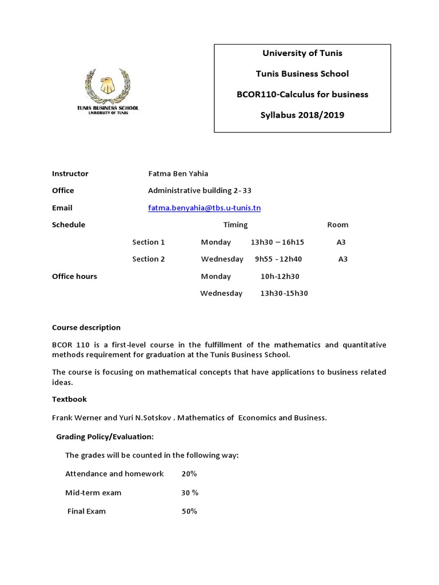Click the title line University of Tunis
(x=302, y=53)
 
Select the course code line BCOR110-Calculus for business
(x=302, y=94)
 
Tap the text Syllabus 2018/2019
(x=302, y=115)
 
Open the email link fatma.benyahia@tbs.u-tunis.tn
(x=204, y=208)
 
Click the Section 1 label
(x=149, y=242)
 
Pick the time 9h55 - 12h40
(x=278, y=259)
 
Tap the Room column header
(x=337, y=225)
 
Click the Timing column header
(x=236, y=225)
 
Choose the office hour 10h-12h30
(x=280, y=277)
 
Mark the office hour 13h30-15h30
(x=284, y=294)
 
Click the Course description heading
(x=86, y=328)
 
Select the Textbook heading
(x=69, y=399)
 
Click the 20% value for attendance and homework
(x=189, y=474)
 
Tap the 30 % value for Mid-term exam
(x=190, y=492)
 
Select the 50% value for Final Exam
(x=189, y=511)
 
